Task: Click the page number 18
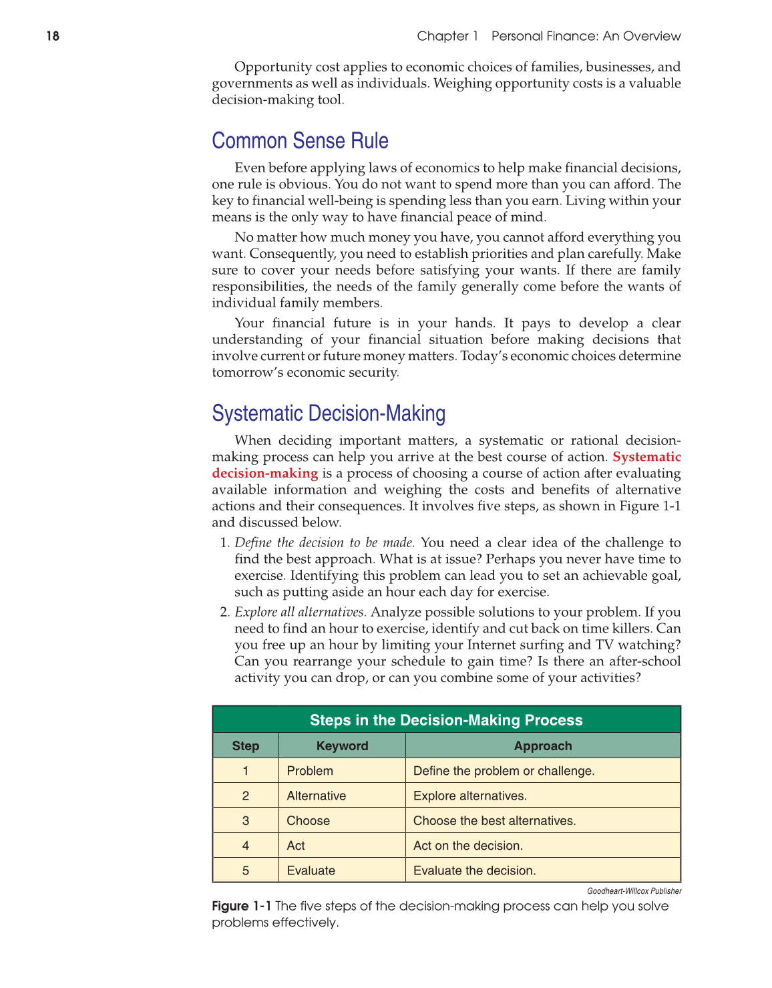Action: coord(53,36)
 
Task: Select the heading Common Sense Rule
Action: coord(300,141)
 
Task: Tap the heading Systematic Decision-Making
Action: coord(329,414)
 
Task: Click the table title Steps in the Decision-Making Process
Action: coord(446,720)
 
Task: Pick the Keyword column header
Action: coord(342,746)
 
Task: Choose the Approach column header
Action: coord(543,746)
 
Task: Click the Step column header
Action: coord(246,746)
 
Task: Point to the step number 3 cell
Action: coord(246,821)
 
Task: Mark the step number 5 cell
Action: coord(246,870)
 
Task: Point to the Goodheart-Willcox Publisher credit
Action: coord(634,891)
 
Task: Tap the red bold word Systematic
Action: coord(646,457)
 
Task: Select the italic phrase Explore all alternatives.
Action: coord(301,612)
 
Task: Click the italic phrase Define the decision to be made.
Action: coord(325,542)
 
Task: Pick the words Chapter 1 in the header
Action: coord(447,36)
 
